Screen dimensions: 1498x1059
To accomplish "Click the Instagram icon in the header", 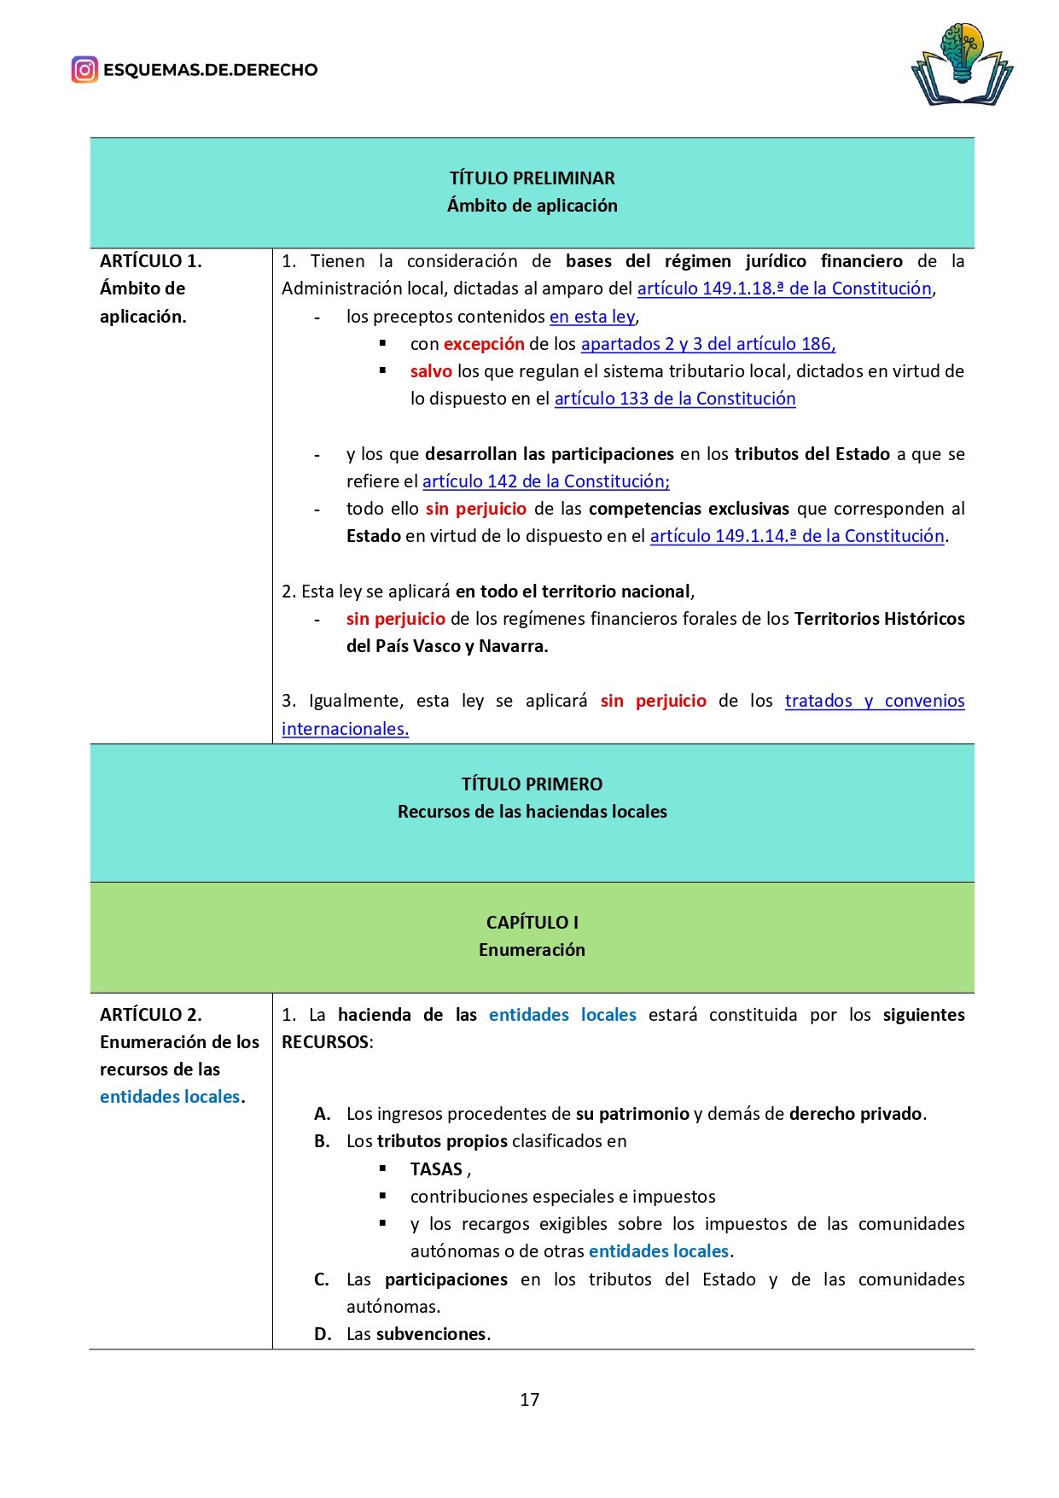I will point(84,70).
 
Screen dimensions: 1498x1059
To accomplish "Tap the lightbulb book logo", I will point(962,65).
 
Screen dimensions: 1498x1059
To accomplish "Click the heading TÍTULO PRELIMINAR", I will point(532,178).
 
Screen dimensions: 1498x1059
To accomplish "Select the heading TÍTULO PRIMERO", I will point(532,784).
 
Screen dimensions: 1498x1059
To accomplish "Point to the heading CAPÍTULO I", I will point(532,923).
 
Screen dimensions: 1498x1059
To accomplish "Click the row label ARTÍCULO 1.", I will point(150,261).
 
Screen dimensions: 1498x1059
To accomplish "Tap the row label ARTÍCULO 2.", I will point(150,1015).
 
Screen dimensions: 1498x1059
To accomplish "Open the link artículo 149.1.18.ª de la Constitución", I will point(783,289).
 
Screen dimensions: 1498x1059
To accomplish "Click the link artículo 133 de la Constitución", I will point(674,399).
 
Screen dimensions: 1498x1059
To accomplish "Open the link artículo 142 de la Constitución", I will point(545,481).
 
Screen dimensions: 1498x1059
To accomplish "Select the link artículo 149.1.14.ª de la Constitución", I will point(796,536).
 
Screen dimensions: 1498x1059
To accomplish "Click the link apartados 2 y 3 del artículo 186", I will point(707,344).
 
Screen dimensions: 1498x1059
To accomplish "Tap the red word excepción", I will point(484,344).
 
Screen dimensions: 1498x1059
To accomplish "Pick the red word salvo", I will point(431,371).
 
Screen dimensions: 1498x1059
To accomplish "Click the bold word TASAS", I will point(436,1169).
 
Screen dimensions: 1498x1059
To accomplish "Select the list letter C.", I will point(322,1279).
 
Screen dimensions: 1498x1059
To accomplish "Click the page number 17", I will point(529,1400).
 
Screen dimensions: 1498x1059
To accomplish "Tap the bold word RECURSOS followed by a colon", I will point(325,1042).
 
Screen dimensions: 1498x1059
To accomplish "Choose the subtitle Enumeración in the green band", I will point(532,950).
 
